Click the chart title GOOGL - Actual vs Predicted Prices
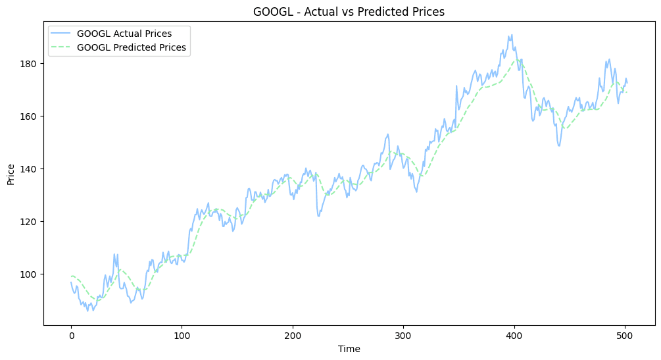(349, 11)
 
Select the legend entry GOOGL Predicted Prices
(132, 47)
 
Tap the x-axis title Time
(349, 348)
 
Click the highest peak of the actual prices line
(512, 35)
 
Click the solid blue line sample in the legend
(62, 33)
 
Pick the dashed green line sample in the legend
(62, 47)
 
